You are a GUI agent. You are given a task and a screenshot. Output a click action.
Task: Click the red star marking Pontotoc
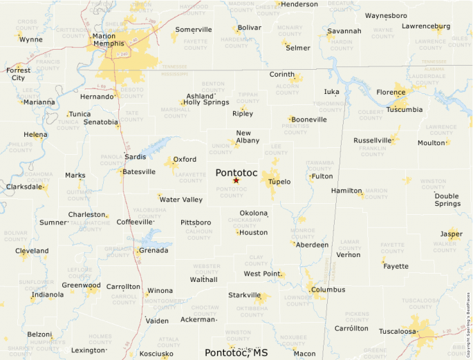coord(236,180)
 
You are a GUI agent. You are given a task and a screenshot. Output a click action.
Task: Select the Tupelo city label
coord(279,182)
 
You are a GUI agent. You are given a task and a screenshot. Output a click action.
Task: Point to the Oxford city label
coord(185,159)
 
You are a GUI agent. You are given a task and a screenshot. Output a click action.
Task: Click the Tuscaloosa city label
coord(398,332)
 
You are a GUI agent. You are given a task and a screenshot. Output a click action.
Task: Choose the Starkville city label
coord(244,295)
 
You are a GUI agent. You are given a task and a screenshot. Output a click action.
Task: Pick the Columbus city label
coord(328,290)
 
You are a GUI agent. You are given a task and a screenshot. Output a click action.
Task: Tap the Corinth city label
coord(281,75)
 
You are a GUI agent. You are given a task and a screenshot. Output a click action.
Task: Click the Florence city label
coord(391,92)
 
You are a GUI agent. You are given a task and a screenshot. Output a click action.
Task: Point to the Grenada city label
coord(154,250)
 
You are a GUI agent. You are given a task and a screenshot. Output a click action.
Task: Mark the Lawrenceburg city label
coord(426,26)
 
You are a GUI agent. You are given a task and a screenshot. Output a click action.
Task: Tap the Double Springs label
coord(447,200)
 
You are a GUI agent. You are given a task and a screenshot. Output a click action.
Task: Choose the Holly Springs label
coord(206,102)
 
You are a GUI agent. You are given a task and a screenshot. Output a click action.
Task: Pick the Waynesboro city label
coord(386,15)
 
